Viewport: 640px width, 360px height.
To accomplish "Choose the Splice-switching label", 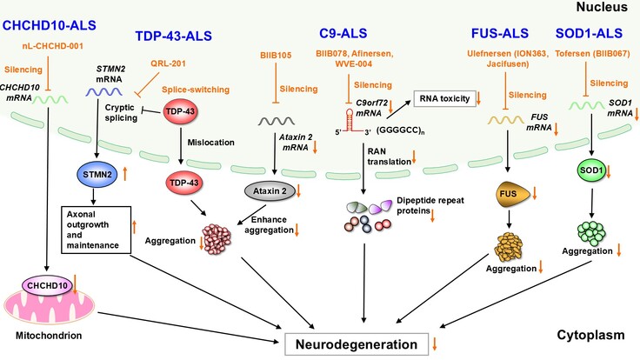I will click(189, 90).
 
